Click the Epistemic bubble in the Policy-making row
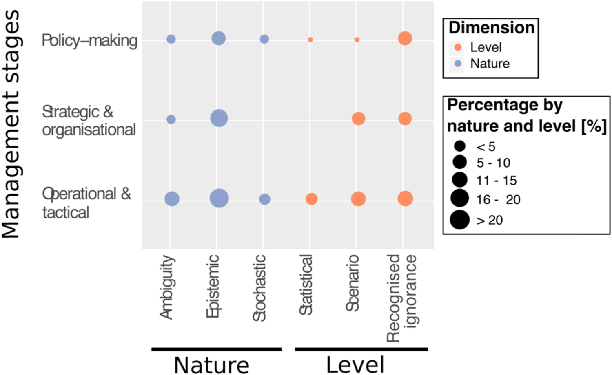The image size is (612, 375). pos(219,38)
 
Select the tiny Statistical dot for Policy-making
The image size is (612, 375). pos(310,40)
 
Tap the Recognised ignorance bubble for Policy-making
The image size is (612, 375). pos(405,38)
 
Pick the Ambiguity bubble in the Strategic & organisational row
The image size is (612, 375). pos(171,119)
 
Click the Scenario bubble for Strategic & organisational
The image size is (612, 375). pos(358,119)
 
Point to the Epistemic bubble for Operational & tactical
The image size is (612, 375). pos(219,199)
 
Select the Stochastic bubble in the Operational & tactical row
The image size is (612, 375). pos(265,199)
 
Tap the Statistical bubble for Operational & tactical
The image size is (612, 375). pos(312,199)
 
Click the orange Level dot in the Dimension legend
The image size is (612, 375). pos(458,47)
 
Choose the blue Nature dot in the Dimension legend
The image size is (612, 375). pos(458,64)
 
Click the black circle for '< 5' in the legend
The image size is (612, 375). pos(460,146)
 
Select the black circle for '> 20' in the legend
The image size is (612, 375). pos(460,220)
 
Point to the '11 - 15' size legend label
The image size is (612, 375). pos(496,180)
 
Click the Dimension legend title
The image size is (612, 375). pos(491,28)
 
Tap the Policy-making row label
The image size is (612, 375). pos(90,40)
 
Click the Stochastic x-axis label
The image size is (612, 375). pos(259,288)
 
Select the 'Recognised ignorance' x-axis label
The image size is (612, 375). pos(402,298)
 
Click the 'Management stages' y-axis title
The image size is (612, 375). pos(11,124)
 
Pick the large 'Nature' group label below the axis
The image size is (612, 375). pos(211,364)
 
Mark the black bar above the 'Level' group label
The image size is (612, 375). pos(361,349)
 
